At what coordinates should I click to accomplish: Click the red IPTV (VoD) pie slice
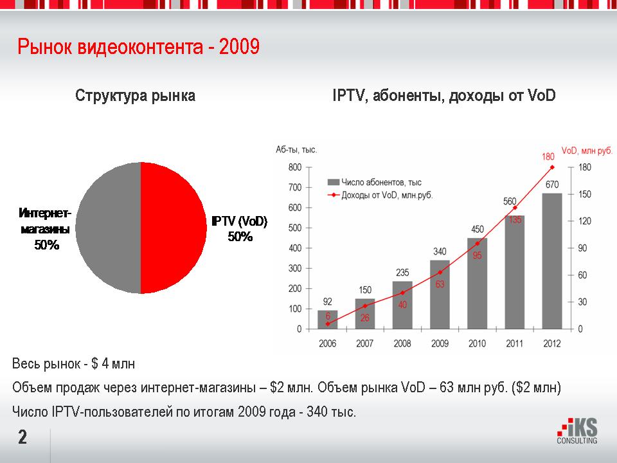coord(174,228)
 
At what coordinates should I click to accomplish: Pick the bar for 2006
coord(328,320)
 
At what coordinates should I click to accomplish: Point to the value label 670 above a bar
coord(552,185)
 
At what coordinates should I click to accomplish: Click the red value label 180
coord(548,156)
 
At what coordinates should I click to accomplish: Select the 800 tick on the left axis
coord(295,167)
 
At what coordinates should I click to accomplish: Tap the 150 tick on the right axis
coord(585,194)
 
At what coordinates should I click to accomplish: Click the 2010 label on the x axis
coord(477,344)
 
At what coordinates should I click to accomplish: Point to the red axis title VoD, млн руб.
coord(587,150)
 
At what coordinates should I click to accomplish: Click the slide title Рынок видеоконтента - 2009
coord(138,48)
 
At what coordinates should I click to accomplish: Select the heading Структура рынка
coord(135,96)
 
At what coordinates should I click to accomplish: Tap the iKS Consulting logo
coord(577,431)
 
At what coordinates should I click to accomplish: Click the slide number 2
coord(22,439)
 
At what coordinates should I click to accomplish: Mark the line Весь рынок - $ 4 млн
coord(74,365)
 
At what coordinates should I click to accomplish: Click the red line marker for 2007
coord(365,306)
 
